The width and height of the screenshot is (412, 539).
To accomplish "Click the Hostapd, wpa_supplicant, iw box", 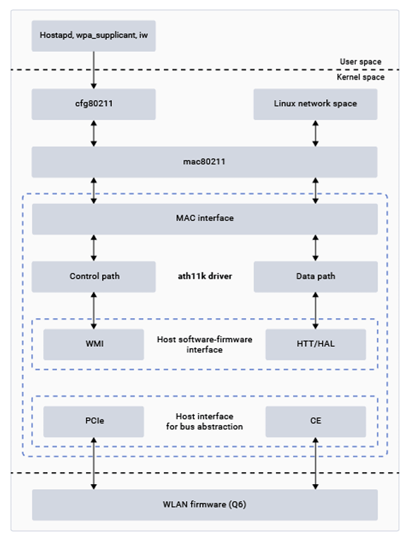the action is (x=94, y=36).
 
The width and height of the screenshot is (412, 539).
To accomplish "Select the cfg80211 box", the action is (x=94, y=104).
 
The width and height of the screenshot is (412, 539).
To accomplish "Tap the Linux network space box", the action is (x=316, y=104).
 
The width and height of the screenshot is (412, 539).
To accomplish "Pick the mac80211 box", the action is (x=204, y=162).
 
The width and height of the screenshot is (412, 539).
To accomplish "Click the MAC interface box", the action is (x=205, y=219).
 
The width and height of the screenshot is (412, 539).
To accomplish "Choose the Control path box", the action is (x=94, y=277).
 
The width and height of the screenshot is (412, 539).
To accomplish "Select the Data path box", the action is (x=316, y=277).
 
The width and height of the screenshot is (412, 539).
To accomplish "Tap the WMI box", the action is (x=94, y=344).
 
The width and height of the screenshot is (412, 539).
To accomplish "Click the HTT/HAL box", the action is (x=316, y=344).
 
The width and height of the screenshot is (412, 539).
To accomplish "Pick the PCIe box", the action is (x=94, y=421).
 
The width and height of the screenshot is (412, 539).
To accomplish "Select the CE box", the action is (x=316, y=421).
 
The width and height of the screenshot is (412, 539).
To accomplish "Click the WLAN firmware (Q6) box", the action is (x=205, y=505).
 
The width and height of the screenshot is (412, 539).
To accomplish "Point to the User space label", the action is (x=361, y=62).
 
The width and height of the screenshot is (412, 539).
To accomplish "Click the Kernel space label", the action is (x=361, y=77).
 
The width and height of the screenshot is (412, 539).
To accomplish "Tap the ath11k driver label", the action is (x=205, y=276).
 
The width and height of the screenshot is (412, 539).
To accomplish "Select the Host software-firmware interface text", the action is (x=204, y=344).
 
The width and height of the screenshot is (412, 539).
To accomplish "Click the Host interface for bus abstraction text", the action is (x=204, y=421).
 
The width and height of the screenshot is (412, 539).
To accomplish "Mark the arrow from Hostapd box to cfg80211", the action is (x=94, y=70).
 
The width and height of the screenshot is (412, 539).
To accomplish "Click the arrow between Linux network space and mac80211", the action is (x=316, y=134).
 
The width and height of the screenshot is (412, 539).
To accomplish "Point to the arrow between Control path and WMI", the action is (x=94, y=311).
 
